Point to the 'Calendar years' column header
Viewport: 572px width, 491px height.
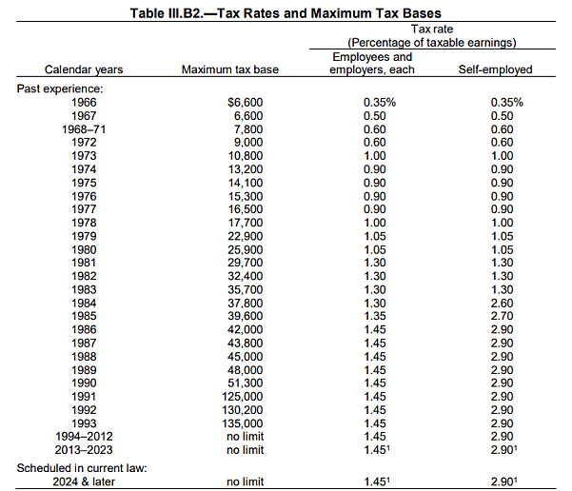84,70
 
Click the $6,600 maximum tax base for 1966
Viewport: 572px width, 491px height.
246,101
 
